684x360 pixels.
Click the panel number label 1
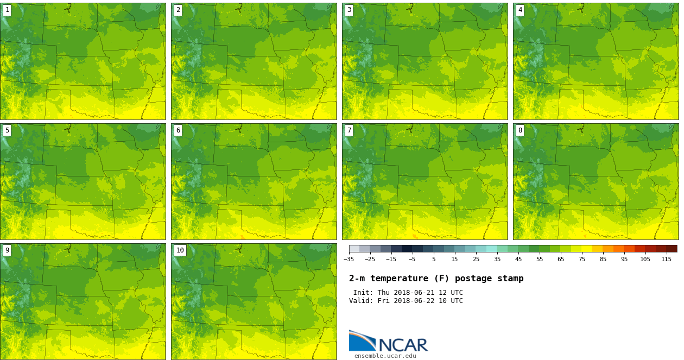(x=7, y=10)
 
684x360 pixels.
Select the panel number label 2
(x=178, y=10)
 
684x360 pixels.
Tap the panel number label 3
(x=349, y=10)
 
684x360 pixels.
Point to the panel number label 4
(x=520, y=10)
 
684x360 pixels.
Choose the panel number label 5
(x=7, y=130)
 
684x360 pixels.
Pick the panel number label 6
(x=178, y=130)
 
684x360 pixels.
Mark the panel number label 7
(x=349, y=130)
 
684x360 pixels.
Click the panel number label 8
(x=520, y=130)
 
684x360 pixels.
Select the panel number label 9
(x=7, y=250)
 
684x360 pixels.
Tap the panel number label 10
(x=180, y=250)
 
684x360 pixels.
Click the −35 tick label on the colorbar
(x=349, y=260)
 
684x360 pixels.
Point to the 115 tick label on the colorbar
(x=666, y=260)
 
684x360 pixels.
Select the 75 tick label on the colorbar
(x=581, y=260)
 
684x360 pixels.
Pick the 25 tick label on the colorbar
(x=476, y=260)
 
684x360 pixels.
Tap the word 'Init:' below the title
(x=363, y=293)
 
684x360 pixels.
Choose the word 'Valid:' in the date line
(x=360, y=301)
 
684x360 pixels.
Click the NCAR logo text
(x=403, y=345)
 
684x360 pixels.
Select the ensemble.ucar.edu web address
(x=385, y=356)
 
